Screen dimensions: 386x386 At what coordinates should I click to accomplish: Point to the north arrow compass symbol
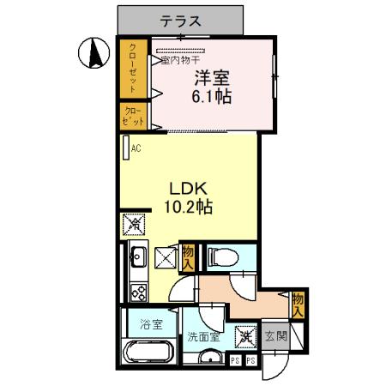pyautogui.click(x=92, y=55)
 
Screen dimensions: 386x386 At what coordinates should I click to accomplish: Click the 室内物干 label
pyautogui.click(x=178, y=60)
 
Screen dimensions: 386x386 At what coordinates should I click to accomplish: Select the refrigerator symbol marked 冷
pyautogui.click(x=132, y=226)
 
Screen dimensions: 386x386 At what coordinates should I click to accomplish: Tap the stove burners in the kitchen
pyautogui.click(x=137, y=291)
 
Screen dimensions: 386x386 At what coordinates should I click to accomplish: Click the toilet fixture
pyautogui.click(x=219, y=256)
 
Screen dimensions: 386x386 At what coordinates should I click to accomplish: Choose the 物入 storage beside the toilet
pyautogui.click(x=189, y=256)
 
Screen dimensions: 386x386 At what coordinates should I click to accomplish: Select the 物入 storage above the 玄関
pyautogui.click(x=297, y=305)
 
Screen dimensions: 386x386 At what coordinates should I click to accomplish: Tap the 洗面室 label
pyautogui.click(x=203, y=337)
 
